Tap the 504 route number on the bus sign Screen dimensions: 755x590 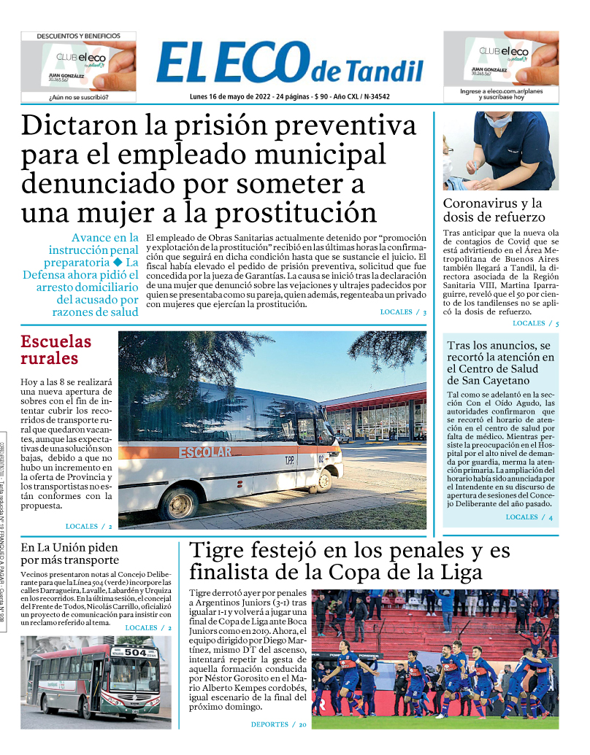(135, 652)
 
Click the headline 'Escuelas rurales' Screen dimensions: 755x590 (56, 349)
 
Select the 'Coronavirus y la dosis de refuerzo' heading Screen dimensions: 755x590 (494, 210)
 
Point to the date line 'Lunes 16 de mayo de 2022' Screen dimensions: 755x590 (229, 96)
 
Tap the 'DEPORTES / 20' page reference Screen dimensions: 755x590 (279, 724)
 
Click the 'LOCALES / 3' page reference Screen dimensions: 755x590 (403, 312)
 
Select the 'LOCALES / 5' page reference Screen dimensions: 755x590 (535, 323)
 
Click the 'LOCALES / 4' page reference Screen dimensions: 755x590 (529, 517)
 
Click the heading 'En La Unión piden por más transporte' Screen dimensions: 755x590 (69, 554)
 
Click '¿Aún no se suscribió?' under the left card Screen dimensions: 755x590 (78, 96)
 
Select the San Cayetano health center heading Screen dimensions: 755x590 (500, 363)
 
